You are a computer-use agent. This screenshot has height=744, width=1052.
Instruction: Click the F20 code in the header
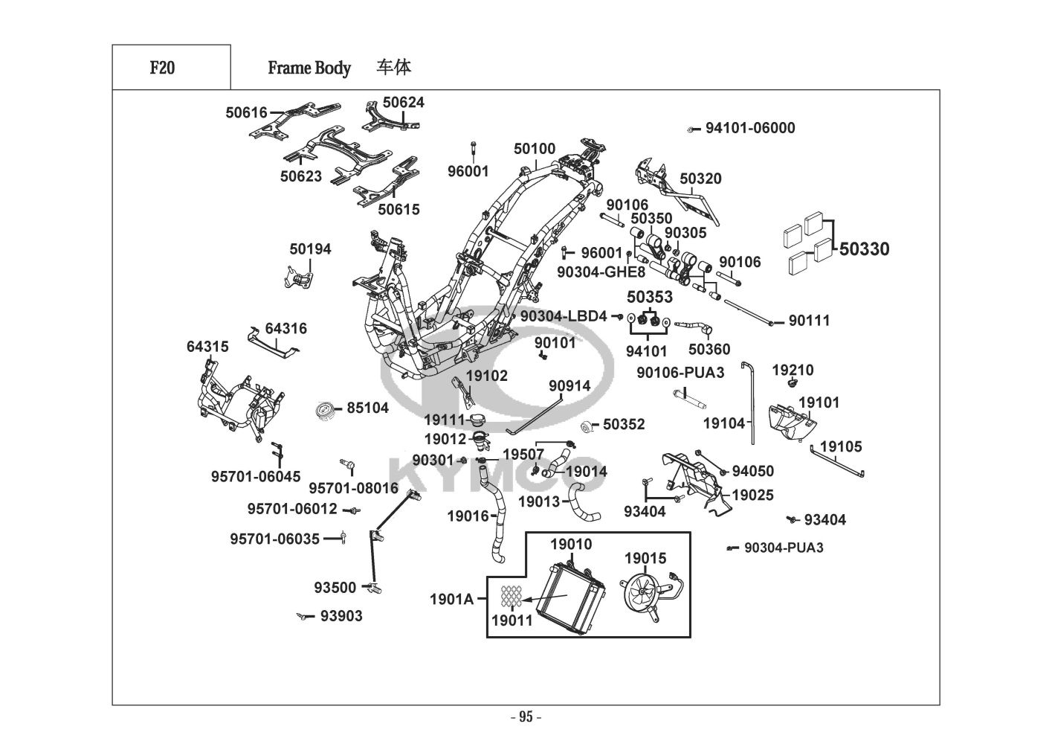pyautogui.click(x=162, y=68)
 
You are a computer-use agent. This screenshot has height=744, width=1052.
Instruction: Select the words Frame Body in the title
pyautogui.click(x=309, y=68)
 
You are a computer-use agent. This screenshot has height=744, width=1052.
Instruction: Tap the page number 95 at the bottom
pyautogui.click(x=526, y=717)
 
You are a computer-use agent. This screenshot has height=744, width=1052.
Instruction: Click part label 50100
pyautogui.click(x=535, y=149)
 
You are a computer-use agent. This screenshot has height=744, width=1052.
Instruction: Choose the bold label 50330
pyautogui.click(x=864, y=249)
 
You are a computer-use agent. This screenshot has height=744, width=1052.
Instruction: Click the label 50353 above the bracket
pyautogui.click(x=650, y=297)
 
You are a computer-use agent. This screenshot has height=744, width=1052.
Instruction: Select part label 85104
pyautogui.click(x=367, y=408)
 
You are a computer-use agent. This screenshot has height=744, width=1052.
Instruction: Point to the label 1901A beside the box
pyautogui.click(x=451, y=597)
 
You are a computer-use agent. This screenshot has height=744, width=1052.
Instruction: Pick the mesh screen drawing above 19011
pyautogui.click(x=511, y=595)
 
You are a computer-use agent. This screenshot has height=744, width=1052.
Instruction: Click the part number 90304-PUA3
pyautogui.click(x=784, y=548)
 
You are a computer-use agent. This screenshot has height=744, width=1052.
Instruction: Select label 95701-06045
pyautogui.click(x=256, y=476)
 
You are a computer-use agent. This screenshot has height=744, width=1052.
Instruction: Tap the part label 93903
pyautogui.click(x=341, y=616)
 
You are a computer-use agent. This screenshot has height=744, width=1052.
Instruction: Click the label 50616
pyautogui.click(x=246, y=113)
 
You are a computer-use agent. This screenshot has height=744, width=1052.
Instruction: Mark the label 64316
pyautogui.click(x=285, y=328)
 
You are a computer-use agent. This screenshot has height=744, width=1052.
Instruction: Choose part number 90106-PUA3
pyautogui.click(x=680, y=372)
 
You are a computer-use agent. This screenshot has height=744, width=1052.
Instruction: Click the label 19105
pyautogui.click(x=841, y=446)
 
